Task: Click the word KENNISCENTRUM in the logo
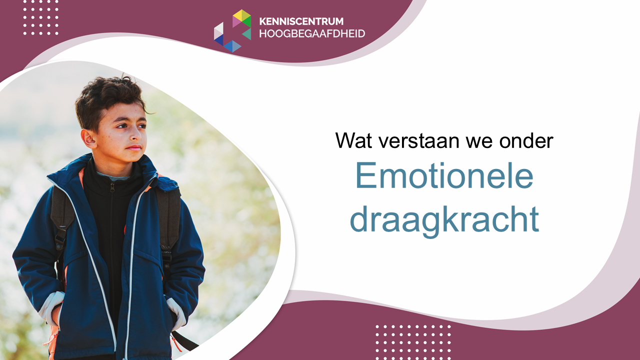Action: click(301, 21)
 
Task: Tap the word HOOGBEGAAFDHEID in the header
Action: click(312, 33)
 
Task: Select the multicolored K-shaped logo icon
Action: click(232, 31)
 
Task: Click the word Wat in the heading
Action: click(353, 140)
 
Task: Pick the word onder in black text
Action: click(526, 140)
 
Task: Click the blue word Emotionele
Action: click(444, 175)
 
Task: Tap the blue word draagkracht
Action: click(444, 220)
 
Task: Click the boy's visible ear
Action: click(89, 139)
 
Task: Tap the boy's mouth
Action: click(133, 147)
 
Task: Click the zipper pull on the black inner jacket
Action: click(112, 187)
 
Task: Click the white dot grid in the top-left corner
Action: click(41, 17)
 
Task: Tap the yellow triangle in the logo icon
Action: click(241, 15)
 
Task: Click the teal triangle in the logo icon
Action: click(247, 34)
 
